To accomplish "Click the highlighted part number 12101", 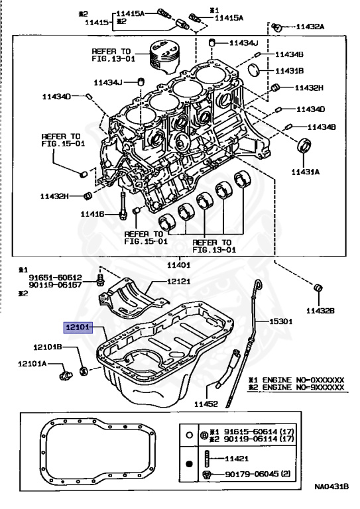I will coord(76,327).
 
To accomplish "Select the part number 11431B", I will coord(290,70).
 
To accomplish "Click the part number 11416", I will coord(92,214).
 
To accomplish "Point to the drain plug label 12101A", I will coord(32,363).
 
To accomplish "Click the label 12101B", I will coord(49,347).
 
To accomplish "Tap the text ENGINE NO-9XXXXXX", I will coord(301,386).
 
